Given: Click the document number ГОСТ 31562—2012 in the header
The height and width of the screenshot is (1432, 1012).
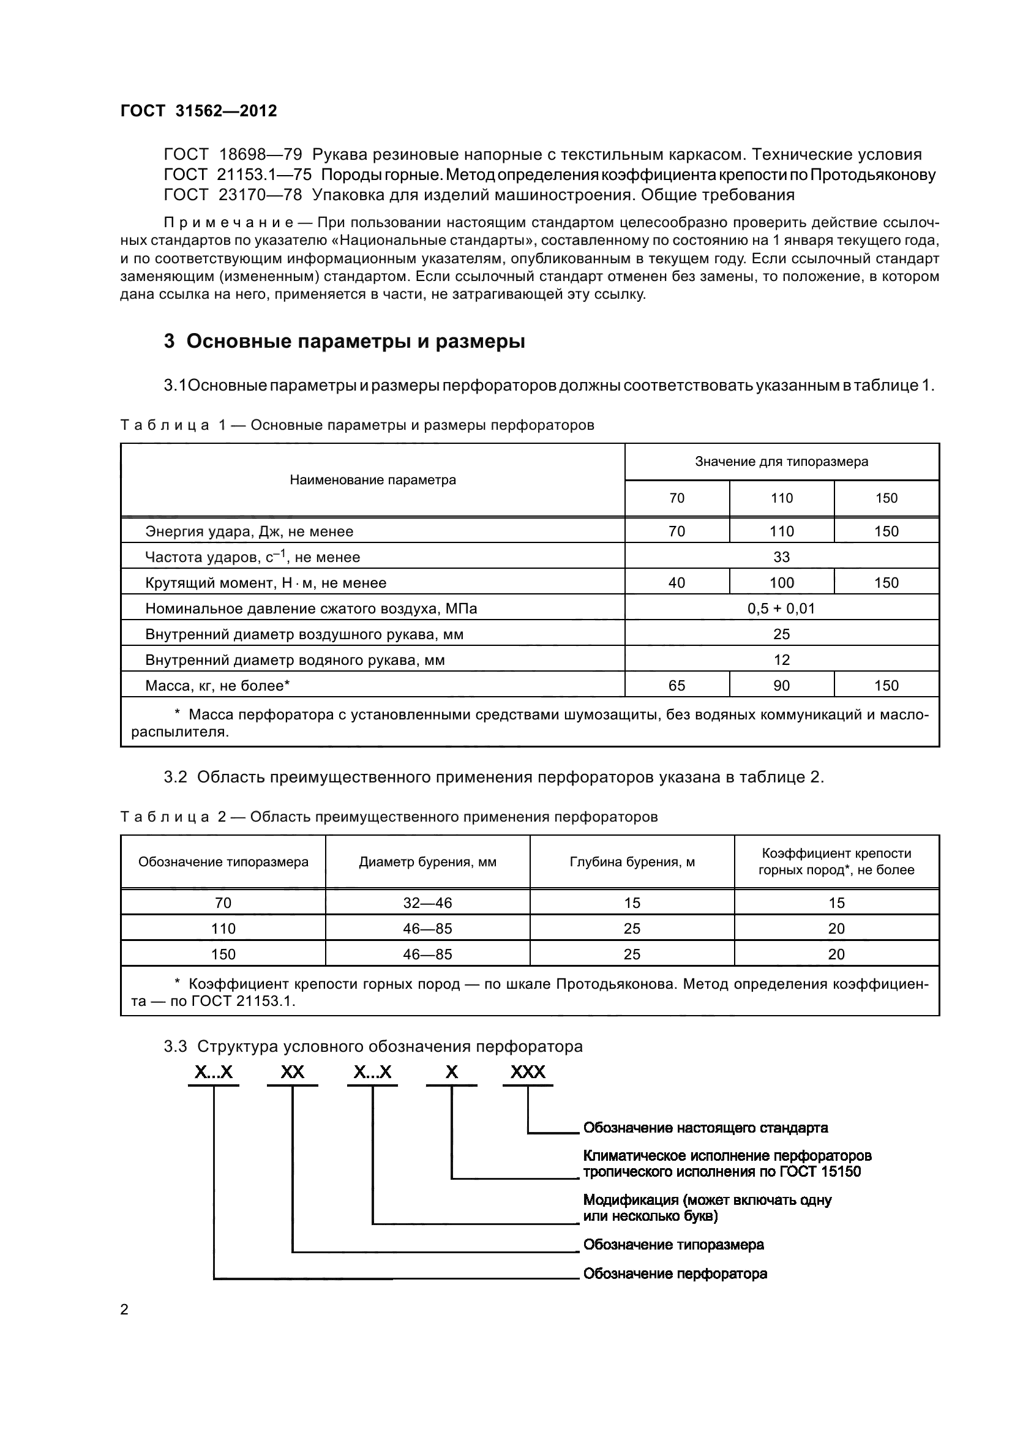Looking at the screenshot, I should pos(198,111).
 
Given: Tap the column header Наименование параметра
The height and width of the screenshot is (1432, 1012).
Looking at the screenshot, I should pos(372,480).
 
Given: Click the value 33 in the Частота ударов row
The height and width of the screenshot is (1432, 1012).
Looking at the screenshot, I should pos(781,557).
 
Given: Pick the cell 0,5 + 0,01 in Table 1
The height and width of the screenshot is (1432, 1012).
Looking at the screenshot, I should pos(781,609).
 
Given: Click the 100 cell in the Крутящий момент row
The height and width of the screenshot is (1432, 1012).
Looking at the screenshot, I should pos(781,583).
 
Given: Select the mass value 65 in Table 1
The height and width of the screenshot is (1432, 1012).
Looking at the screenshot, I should pos(677,686).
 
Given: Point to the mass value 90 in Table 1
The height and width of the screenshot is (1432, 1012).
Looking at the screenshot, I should pos(781,686).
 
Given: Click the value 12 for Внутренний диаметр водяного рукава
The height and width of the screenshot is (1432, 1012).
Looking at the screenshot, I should pos(781,660).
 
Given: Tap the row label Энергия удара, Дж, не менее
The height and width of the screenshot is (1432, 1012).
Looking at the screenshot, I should pos(249,532).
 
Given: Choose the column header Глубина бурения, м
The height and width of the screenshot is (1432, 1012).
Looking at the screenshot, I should pos(632,862).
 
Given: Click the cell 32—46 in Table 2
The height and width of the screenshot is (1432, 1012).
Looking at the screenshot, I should pos(427,903).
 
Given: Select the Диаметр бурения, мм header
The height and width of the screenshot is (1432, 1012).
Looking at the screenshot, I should pos(427,862).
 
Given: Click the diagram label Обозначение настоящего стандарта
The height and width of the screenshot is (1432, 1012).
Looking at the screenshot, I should pos(705,1128).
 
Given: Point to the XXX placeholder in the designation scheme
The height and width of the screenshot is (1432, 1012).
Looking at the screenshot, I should pos(528,1072).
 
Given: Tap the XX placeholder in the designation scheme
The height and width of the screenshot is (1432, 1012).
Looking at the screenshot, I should pos(292,1072).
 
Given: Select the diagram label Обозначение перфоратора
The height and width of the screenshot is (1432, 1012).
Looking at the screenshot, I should pos(675,1273).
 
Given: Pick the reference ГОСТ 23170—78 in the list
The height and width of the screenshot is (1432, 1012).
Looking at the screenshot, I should pos(233,195).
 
